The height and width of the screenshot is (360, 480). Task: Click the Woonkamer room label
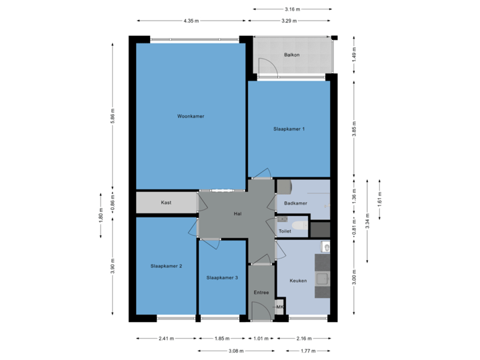click(x=190, y=116)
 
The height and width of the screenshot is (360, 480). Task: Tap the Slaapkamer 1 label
click(x=289, y=129)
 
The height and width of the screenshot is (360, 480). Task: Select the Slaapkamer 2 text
click(x=167, y=265)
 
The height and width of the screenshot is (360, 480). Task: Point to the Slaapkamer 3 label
click(x=222, y=277)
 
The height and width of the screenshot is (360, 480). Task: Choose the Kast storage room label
click(x=167, y=202)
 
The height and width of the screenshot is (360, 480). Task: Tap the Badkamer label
click(x=295, y=202)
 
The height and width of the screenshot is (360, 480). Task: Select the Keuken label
click(x=298, y=281)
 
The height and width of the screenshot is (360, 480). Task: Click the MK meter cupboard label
click(x=280, y=307)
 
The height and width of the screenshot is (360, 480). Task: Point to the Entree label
click(x=261, y=292)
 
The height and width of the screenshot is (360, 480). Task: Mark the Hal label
click(x=237, y=214)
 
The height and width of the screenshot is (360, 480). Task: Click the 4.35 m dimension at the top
click(x=191, y=21)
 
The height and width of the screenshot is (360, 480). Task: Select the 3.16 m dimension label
click(x=291, y=9)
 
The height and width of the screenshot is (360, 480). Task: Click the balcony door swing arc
click(x=267, y=65)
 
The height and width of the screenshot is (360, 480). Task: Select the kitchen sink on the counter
click(x=323, y=278)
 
